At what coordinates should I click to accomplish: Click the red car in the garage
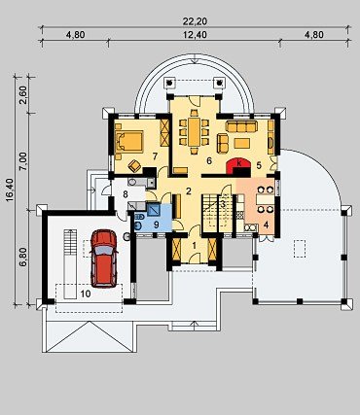click(104, 259)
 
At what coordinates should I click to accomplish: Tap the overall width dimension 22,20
click(195, 21)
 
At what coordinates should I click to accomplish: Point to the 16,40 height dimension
click(10, 190)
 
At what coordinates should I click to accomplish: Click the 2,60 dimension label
click(23, 95)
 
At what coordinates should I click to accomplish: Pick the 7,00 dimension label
click(23, 160)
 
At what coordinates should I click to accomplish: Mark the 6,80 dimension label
click(23, 258)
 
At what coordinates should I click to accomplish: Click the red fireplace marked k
click(238, 166)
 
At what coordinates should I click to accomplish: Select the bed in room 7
click(129, 141)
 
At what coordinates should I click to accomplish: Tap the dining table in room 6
click(195, 132)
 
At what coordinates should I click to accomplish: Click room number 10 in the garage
click(86, 294)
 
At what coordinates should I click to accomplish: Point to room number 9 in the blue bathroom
click(156, 225)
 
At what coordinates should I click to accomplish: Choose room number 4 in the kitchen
click(266, 225)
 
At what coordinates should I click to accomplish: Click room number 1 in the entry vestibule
click(195, 246)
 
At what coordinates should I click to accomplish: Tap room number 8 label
click(126, 194)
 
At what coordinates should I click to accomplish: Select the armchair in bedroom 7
click(134, 166)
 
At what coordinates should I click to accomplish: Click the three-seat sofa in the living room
click(241, 126)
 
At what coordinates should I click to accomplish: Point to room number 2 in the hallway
click(188, 191)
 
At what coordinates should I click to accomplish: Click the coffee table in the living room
click(242, 143)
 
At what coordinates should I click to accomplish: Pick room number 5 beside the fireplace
click(259, 165)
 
